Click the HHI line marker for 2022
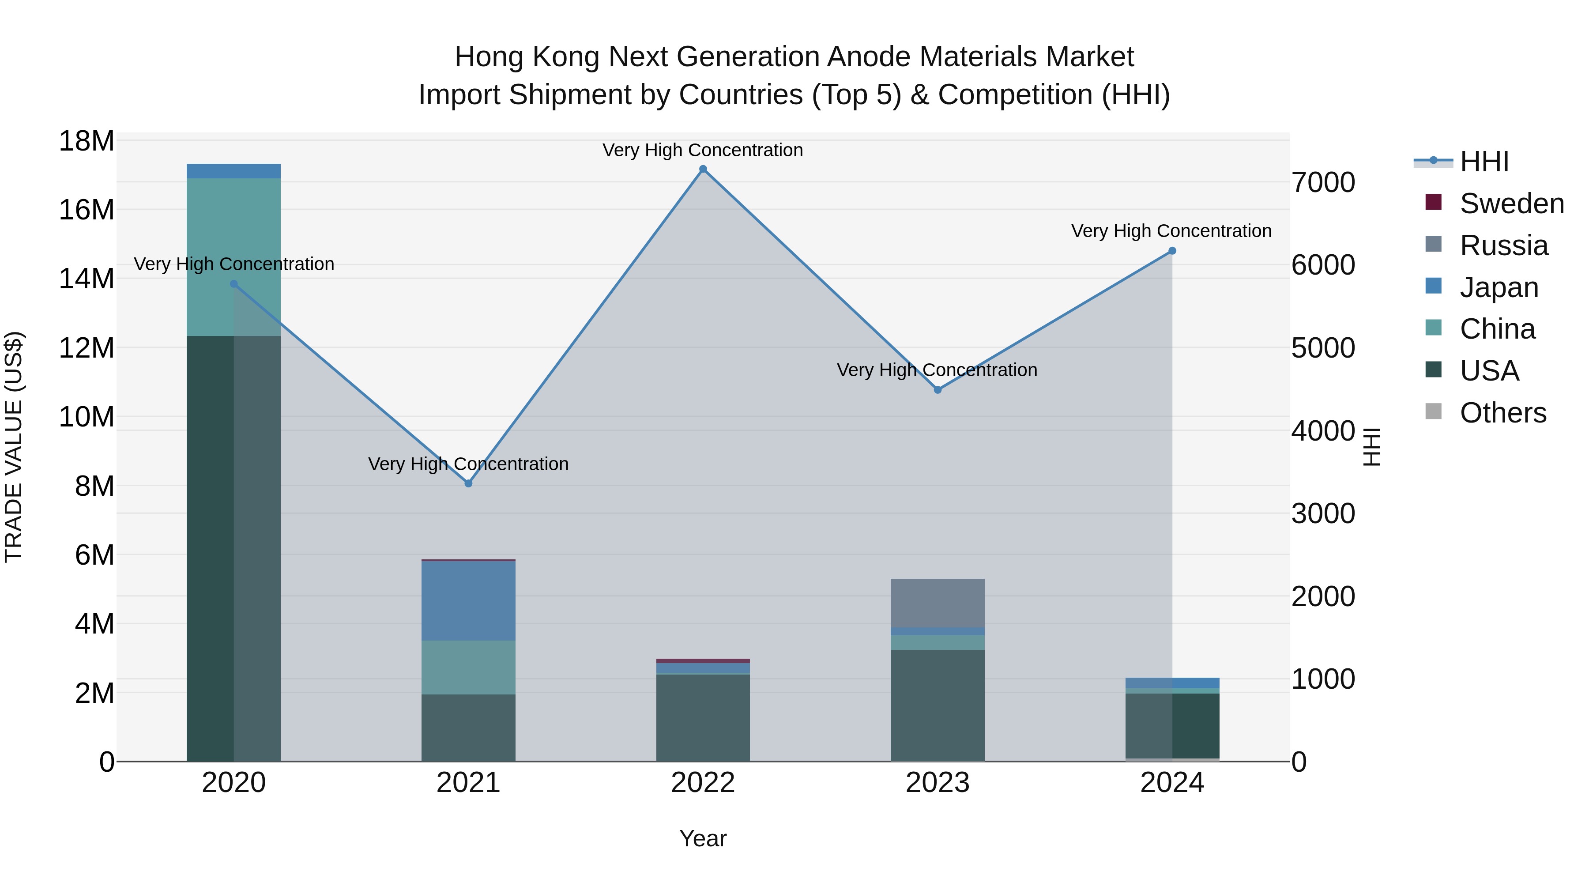703,169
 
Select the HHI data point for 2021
468,484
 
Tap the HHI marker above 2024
1172,251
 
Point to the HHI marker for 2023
938,390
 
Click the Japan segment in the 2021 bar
468,600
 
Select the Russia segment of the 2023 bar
938,603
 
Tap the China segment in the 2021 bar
468,667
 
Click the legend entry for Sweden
1511,204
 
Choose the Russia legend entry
1503,245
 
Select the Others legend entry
1502,413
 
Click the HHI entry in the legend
1484,162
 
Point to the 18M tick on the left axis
87,141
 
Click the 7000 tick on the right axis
1323,183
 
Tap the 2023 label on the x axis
938,783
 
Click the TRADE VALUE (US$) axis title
14,447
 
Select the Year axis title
703,838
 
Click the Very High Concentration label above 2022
703,150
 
